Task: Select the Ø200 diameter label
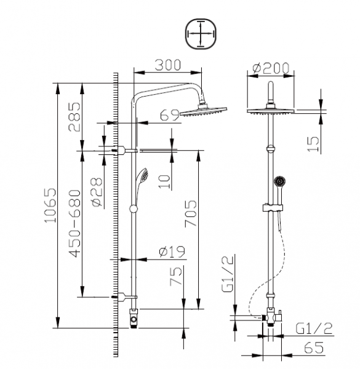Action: click(271, 68)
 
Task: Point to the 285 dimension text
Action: click(74, 117)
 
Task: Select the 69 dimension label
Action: click(167, 114)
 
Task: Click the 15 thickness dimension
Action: click(314, 143)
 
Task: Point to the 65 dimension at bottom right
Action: click(313, 347)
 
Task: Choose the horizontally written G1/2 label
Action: click(313, 328)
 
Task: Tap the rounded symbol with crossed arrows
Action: click(201, 33)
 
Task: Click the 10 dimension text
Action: click(162, 180)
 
